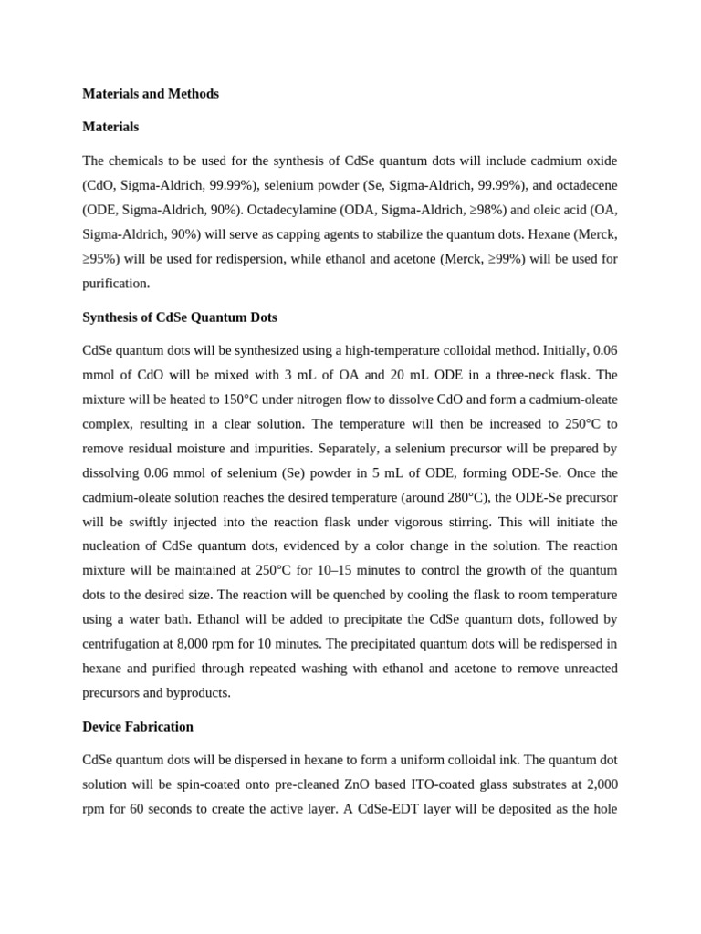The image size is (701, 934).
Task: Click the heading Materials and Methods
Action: click(151, 94)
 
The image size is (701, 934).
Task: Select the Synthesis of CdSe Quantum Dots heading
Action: click(180, 317)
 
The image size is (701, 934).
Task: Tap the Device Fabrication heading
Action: click(138, 727)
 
